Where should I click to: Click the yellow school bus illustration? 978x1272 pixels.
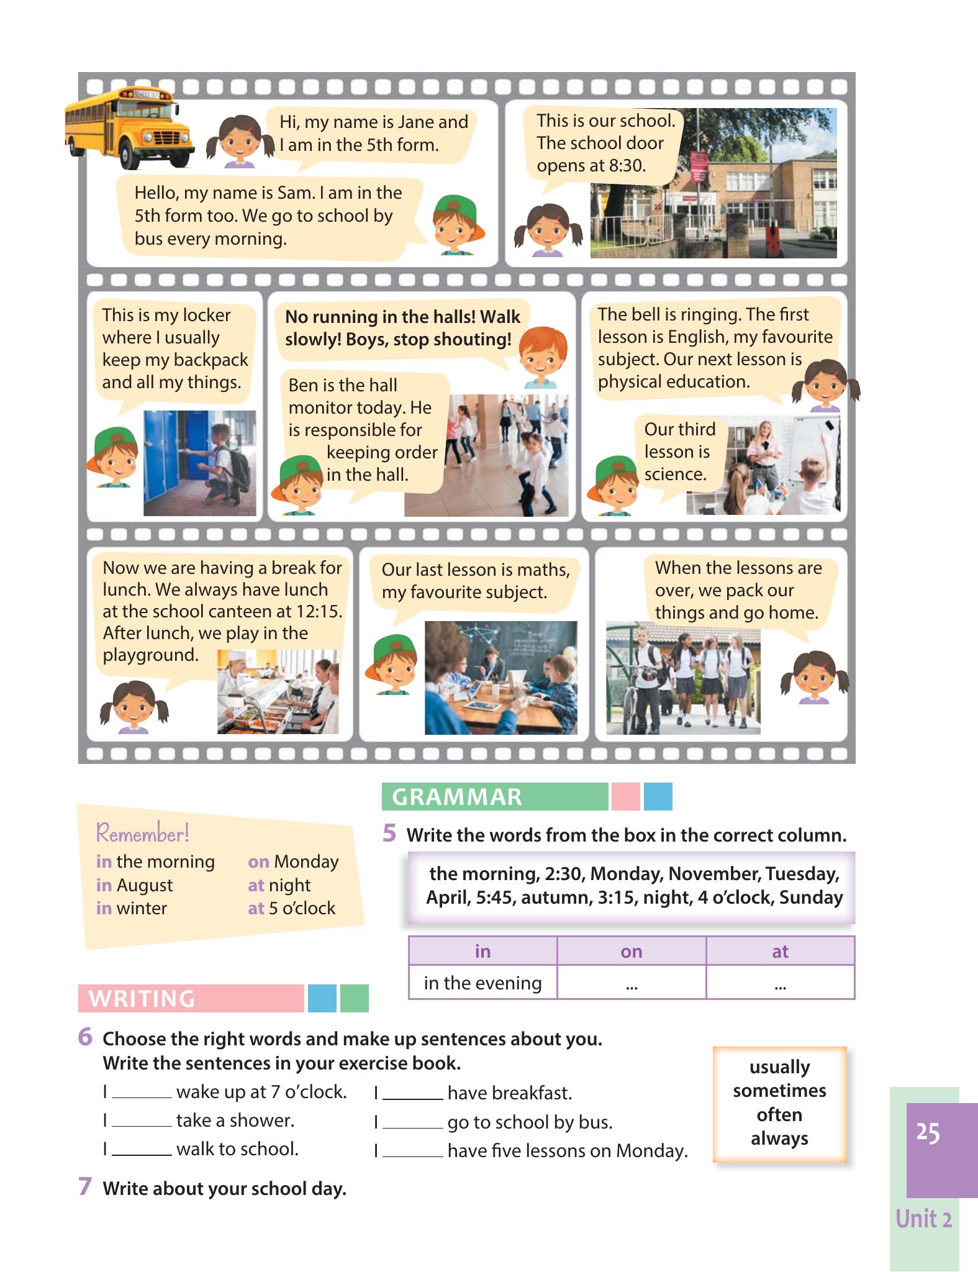click(x=129, y=127)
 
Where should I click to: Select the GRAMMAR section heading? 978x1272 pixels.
click(x=457, y=797)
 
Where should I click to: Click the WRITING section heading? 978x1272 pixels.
click(x=142, y=998)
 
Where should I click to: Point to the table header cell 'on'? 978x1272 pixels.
click(x=632, y=951)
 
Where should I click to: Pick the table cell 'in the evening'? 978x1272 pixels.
click(x=482, y=983)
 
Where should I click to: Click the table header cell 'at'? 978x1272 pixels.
click(x=780, y=951)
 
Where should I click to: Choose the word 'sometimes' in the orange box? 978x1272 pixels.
click(x=779, y=1091)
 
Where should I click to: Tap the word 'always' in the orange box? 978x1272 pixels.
click(x=779, y=1138)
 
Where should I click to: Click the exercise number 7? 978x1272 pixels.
click(x=85, y=1187)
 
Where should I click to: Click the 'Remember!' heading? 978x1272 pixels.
click(x=143, y=833)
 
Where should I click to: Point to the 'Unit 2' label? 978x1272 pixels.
click(x=923, y=1219)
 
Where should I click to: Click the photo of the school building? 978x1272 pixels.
click(x=713, y=183)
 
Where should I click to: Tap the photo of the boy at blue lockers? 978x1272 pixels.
click(x=199, y=463)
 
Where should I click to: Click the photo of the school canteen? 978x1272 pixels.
click(x=278, y=692)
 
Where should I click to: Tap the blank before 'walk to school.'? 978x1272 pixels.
click(x=142, y=1154)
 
